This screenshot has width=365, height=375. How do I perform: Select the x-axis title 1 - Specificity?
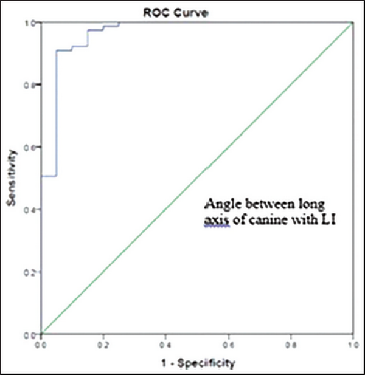pos(197,363)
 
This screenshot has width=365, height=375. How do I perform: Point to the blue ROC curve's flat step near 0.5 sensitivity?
pos(49,176)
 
